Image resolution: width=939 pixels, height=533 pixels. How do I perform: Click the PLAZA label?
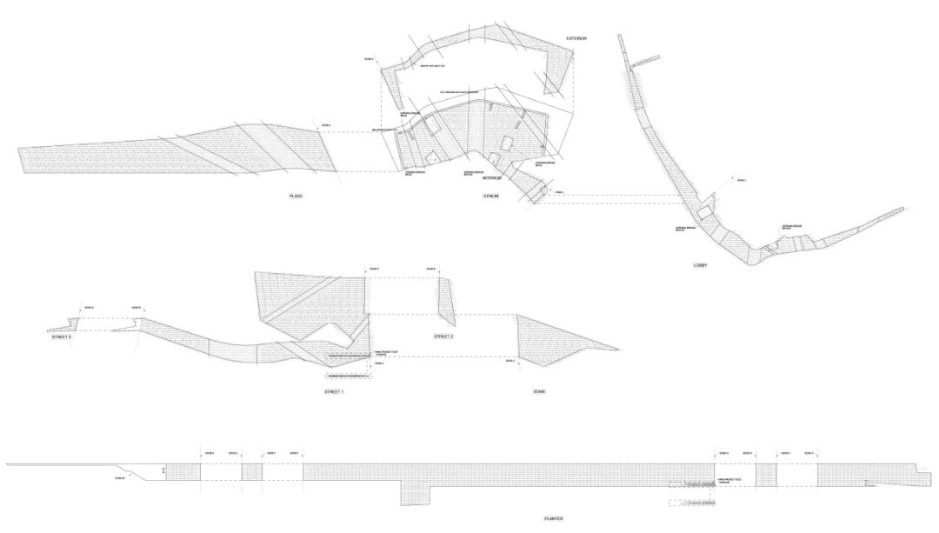point(296,197)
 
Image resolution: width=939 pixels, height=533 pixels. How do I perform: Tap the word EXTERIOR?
point(576,38)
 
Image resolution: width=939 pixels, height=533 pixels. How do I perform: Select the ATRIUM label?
point(491,197)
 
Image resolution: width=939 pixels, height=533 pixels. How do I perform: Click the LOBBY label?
point(702,265)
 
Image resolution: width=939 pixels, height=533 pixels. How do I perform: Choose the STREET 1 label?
point(334,392)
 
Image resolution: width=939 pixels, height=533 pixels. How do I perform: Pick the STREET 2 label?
point(444,336)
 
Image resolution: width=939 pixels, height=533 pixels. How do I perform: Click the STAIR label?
point(539,392)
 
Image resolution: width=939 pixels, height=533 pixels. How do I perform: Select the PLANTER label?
point(554,519)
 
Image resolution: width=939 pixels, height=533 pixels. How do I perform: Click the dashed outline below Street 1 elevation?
point(349,375)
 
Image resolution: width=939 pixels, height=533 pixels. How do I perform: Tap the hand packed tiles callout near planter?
point(728,480)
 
